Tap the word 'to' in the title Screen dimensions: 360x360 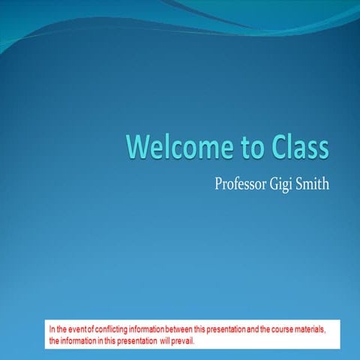241,147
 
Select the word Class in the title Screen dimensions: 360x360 295,147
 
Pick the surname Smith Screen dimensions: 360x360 315,183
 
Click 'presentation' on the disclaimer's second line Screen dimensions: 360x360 132,340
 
